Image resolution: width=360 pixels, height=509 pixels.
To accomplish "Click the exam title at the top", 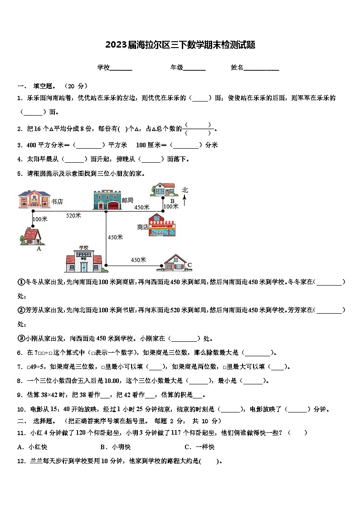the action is pos(180,45).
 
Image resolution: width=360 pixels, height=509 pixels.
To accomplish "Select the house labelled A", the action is pos(32,236).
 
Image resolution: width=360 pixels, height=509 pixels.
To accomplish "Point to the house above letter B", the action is pos(163,189).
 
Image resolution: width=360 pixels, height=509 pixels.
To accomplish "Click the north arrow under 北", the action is pos(185,200).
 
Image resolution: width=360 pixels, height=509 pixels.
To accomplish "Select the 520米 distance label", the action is pos(73,216).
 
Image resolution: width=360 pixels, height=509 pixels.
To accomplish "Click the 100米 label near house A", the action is pos(40,219).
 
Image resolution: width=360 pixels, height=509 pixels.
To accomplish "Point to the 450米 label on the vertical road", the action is pos(115,237).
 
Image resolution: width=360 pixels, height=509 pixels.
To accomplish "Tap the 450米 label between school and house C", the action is pos(138,260).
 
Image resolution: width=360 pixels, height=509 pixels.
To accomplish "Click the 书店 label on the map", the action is pos(57,202).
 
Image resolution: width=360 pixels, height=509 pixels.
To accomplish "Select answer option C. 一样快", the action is pos(199,447).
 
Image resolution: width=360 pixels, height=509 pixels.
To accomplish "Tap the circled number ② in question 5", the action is pos(20,310).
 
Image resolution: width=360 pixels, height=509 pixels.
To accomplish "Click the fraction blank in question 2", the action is pos(198,129).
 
